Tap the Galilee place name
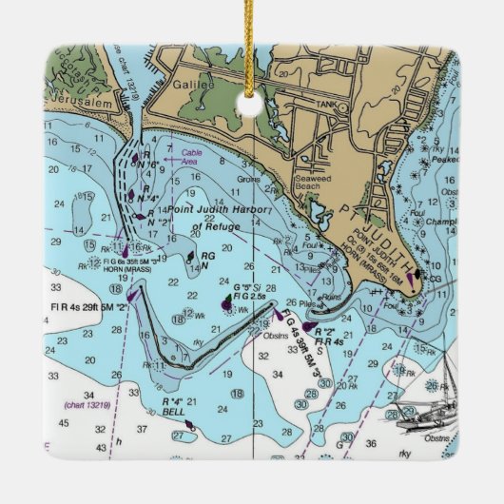click(194, 86)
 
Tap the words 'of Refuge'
click(212, 226)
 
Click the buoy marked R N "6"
click(136, 158)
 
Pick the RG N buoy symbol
click(190, 256)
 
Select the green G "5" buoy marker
click(227, 302)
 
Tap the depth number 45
click(62, 421)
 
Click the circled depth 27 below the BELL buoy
click(178, 436)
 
